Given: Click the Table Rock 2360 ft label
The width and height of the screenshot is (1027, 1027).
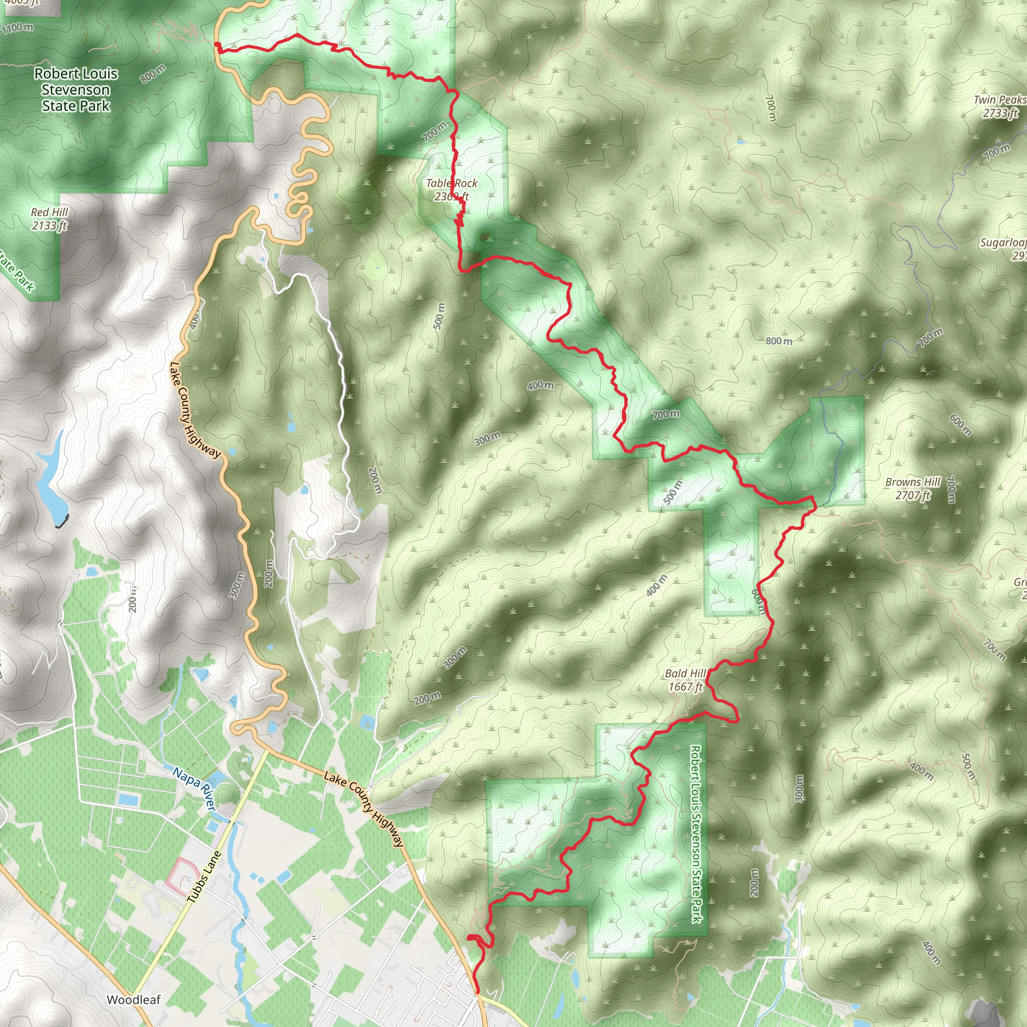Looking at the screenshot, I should click(x=451, y=190).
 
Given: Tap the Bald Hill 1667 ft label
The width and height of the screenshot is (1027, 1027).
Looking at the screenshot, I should click(x=685, y=680).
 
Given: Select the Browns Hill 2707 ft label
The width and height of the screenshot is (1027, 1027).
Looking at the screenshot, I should click(x=913, y=488).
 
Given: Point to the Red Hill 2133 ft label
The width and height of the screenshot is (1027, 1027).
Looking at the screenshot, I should click(x=50, y=219).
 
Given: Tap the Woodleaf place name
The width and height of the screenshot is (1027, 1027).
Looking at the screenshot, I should click(x=133, y=1000).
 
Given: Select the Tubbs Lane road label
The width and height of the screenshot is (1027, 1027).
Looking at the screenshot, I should click(x=204, y=877).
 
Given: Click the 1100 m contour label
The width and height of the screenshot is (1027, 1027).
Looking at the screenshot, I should click(x=18, y=28).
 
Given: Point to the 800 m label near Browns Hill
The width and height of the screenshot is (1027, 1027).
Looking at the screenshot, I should click(x=779, y=340).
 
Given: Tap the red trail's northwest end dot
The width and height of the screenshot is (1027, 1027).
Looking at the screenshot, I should click(x=218, y=45).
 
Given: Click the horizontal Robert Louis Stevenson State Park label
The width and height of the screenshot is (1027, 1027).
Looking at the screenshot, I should click(x=76, y=90).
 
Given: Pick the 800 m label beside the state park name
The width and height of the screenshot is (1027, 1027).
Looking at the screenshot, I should click(x=153, y=74).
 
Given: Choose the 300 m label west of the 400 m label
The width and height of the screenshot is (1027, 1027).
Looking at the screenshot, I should click(x=487, y=439).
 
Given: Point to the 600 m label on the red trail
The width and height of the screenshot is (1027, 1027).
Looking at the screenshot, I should click(x=760, y=601).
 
